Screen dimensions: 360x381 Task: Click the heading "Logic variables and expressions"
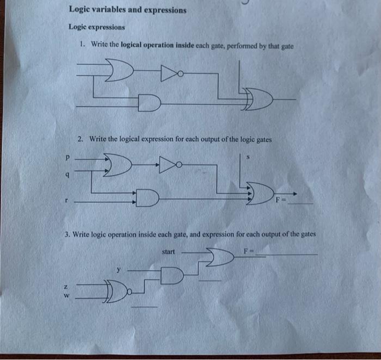(x=127, y=10)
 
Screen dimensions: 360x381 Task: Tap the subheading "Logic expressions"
(x=96, y=27)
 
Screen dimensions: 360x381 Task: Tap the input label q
(x=66, y=175)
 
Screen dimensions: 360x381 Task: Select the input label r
(x=66, y=200)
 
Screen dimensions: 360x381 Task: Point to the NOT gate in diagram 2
(x=167, y=162)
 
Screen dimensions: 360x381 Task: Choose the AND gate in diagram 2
(x=147, y=198)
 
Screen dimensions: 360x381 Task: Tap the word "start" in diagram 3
(x=169, y=252)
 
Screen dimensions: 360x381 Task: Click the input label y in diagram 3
(x=119, y=268)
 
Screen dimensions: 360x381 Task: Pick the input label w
(x=66, y=296)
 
